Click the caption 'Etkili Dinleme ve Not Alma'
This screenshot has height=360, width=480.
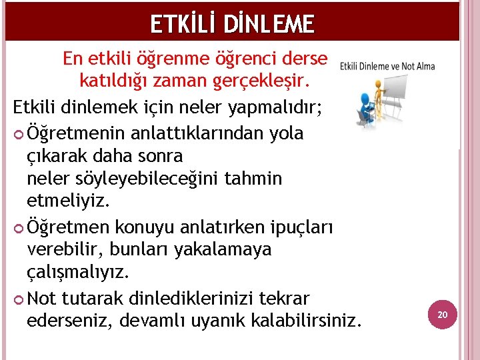click(387, 66)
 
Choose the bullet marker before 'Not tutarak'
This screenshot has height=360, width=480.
click(18, 298)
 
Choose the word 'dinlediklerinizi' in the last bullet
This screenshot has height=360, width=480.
click(204, 297)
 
